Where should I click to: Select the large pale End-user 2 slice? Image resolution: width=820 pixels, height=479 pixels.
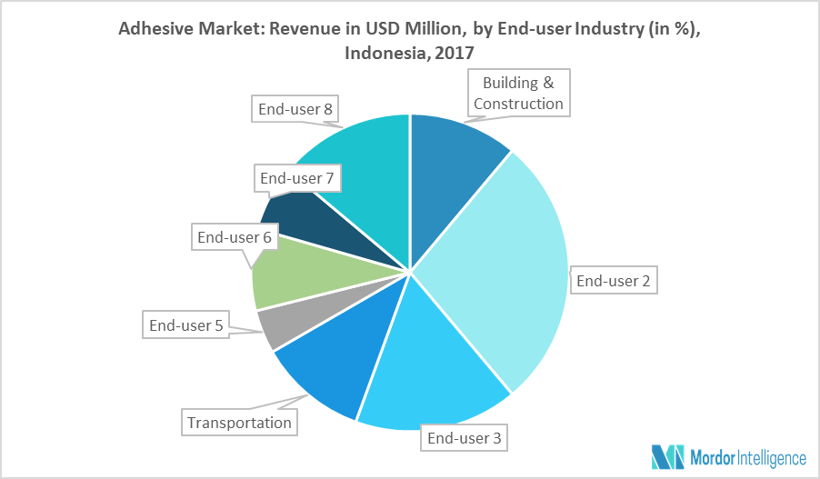click(x=509, y=273)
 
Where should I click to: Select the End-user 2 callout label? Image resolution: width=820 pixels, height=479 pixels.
click(x=614, y=281)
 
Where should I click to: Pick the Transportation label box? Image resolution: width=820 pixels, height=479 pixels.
click(x=239, y=422)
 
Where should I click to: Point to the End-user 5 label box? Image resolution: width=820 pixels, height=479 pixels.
click(x=185, y=323)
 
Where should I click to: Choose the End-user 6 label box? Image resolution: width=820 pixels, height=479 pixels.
click(x=235, y=238)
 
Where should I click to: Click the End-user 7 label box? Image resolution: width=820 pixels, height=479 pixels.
click(x=297, y=178)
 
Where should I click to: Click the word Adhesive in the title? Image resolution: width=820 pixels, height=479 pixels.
click(x=156, y=29)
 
